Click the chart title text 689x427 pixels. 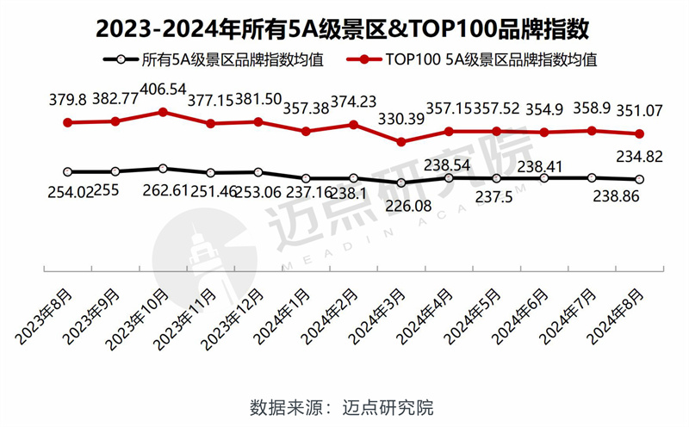(344, 28)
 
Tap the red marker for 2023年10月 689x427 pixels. (163, 112)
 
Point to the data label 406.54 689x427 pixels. (163, 89)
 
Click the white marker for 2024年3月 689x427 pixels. (400, 183)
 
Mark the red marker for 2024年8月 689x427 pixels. (638, 133)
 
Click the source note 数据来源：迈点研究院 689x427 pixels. (344, 405)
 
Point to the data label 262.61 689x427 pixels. (163, 191)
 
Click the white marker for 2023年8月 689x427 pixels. (68, 171)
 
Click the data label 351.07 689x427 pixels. (638, 110)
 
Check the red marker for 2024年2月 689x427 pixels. (353, 124)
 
